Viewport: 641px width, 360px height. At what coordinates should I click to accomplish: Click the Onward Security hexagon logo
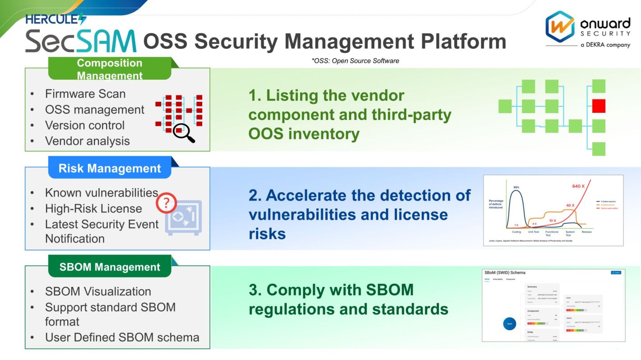tap(560, 27)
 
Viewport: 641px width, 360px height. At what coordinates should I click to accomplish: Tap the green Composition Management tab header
tap(109, 69)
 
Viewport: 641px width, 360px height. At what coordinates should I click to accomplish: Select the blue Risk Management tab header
tap(109, 168)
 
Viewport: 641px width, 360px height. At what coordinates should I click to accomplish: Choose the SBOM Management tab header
tap(109, 267)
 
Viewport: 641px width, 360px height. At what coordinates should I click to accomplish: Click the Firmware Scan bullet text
tap(85, 94)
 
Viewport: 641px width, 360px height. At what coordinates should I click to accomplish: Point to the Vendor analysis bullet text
tap(87, 141)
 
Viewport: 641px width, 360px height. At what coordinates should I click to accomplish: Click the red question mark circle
tap(166, 204)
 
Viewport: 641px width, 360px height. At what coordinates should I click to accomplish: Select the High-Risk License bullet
tap(93, 209)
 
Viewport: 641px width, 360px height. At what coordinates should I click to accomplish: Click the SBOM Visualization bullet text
tap(98, 291)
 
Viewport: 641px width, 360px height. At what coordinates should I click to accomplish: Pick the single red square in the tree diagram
tap(599, 106)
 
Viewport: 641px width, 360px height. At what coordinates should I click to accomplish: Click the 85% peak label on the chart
tap(516, 187)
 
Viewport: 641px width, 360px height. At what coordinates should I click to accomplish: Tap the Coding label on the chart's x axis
tap(516, 232)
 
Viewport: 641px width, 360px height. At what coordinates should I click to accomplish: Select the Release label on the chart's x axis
tap(586, 232)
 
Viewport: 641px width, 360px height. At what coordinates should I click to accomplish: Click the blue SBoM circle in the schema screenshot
tap(509, 323)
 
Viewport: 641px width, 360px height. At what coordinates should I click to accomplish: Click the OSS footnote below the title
tap(355, 61)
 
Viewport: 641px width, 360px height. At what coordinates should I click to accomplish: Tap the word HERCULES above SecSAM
tap(55, 19)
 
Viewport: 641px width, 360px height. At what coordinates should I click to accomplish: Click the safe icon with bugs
tap(183, 218)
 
